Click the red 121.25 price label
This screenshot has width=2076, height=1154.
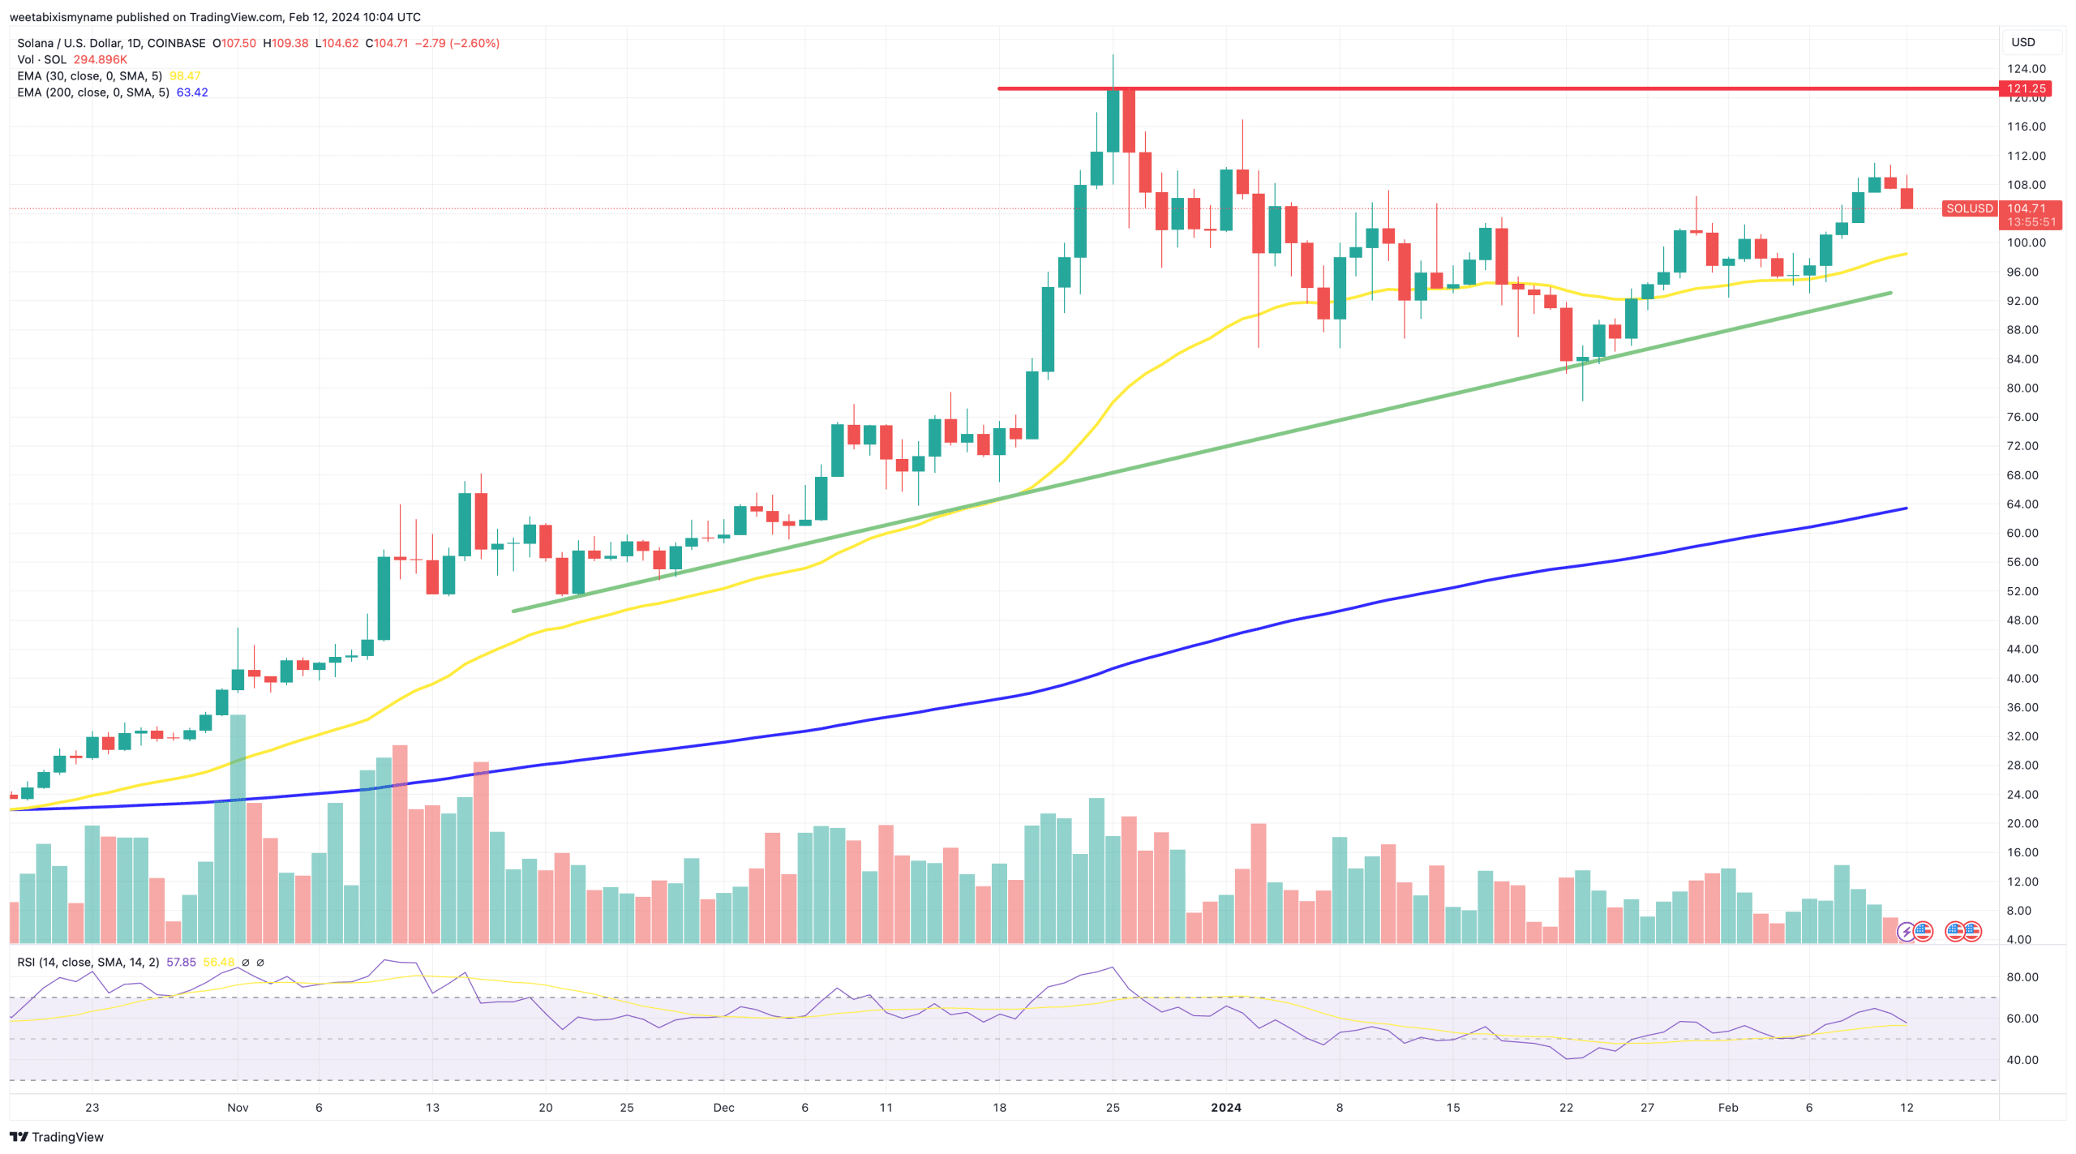[2026, 88]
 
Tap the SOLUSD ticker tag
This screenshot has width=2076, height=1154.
[1969, 208]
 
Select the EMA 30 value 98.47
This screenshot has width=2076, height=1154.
[185, 76]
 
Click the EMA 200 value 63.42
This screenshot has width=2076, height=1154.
[192, 92]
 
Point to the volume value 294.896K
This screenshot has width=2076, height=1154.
[100, 60]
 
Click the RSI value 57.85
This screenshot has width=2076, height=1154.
[181, 962]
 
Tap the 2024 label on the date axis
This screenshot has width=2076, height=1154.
[1225, 1107]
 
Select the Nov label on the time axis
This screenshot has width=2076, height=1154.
[238, 1107]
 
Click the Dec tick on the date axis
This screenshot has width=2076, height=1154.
[723, 1107]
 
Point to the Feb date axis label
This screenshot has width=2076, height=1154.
[1728, 1107]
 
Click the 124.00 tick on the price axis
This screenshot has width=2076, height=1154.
[2026, 69]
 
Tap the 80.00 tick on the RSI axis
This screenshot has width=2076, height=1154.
[2022, 977]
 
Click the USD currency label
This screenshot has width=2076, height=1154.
[2022, 42]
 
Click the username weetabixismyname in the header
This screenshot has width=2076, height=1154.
[61, 17]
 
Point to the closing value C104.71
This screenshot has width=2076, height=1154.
[387, 43]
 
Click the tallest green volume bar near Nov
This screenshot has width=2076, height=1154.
[238, 827]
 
